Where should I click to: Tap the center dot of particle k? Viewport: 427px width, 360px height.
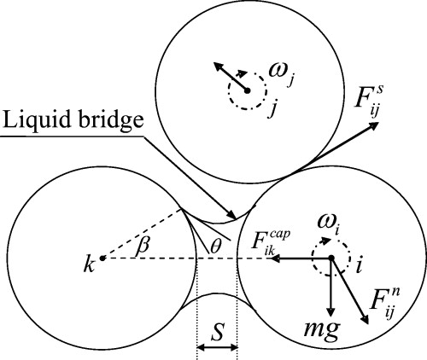[102, 257]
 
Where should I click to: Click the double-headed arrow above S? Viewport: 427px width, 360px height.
[217, 348]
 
